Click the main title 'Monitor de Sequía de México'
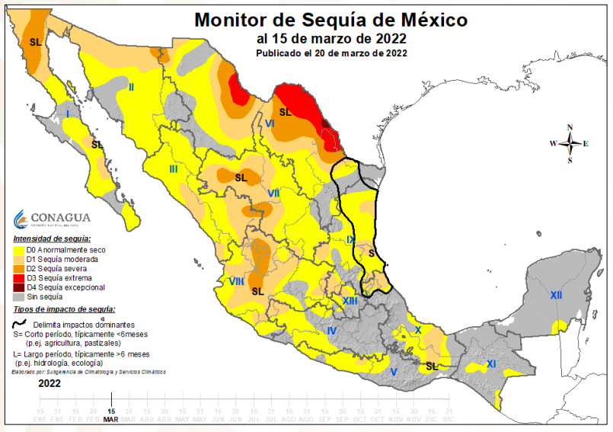click(331, 19)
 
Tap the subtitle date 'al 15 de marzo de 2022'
click(331, 38)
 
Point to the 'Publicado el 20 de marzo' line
click(331, 53)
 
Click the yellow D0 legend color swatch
click(18, 250)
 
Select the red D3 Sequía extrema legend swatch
click(18, 278)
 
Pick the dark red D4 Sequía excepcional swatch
click(18, 288)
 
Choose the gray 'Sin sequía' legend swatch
click(18, 297)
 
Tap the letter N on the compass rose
click(570, 128)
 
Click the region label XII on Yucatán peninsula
click(556, 295)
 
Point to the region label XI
click(491, 365)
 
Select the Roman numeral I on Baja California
click(69, 114)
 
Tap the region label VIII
click(236, 282)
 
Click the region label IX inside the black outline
click(350, 240)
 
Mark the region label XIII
click(350, 302)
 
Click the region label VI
click(270, 123)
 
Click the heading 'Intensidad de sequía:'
click(52, 239)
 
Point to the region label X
click(417, 330)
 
